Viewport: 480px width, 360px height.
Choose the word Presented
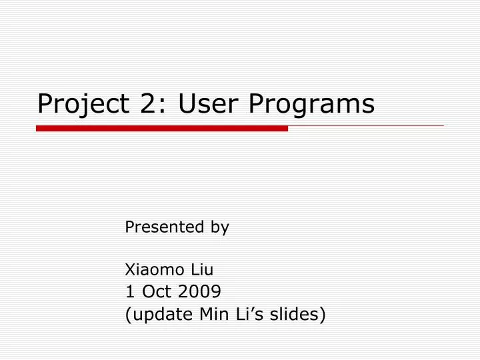[164, 227]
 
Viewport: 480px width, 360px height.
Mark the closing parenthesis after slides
[323, 314]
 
